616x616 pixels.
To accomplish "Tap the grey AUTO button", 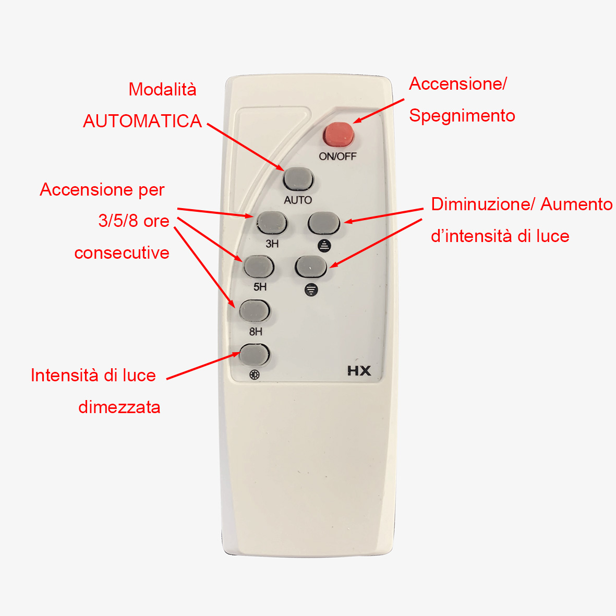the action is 298,179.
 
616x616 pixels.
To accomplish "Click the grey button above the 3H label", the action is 272,223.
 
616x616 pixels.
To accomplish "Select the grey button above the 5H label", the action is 259,267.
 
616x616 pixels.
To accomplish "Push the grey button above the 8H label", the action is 255,311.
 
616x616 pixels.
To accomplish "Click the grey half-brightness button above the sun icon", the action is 255,354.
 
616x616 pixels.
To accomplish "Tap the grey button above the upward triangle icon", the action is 324,223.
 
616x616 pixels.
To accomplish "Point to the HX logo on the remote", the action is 359,371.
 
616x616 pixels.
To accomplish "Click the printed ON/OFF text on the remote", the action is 337,156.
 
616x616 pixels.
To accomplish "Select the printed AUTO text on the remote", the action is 298,200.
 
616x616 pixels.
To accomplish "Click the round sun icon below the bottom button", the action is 255,375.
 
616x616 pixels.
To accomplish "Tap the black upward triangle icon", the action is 324,246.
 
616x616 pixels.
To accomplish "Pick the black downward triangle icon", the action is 311,290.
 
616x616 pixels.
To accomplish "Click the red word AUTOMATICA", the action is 142,121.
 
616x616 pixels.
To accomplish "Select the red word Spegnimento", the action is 462,116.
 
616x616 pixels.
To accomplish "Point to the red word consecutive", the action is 122,253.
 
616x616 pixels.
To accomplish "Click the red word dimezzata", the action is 119,407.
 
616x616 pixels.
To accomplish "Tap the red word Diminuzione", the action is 483,204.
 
